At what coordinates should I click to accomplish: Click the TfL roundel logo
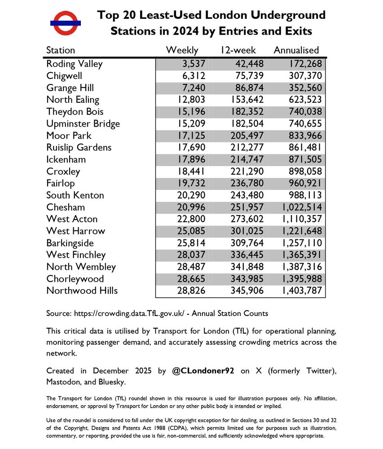[x=66, y=23]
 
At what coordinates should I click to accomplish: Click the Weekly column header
[x=182, y=50]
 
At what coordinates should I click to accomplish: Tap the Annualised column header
[x=296, y=50]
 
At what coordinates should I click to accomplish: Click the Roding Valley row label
[x=75, y=64]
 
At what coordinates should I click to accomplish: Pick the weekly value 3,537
[x=193, y=64]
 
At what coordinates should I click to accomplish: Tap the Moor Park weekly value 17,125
[x=190, y=136]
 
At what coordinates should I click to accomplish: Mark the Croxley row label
[x=63, y=172]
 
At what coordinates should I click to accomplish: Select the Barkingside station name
[x=70, y=243]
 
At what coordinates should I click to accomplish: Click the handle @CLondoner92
[x=203, y=372]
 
